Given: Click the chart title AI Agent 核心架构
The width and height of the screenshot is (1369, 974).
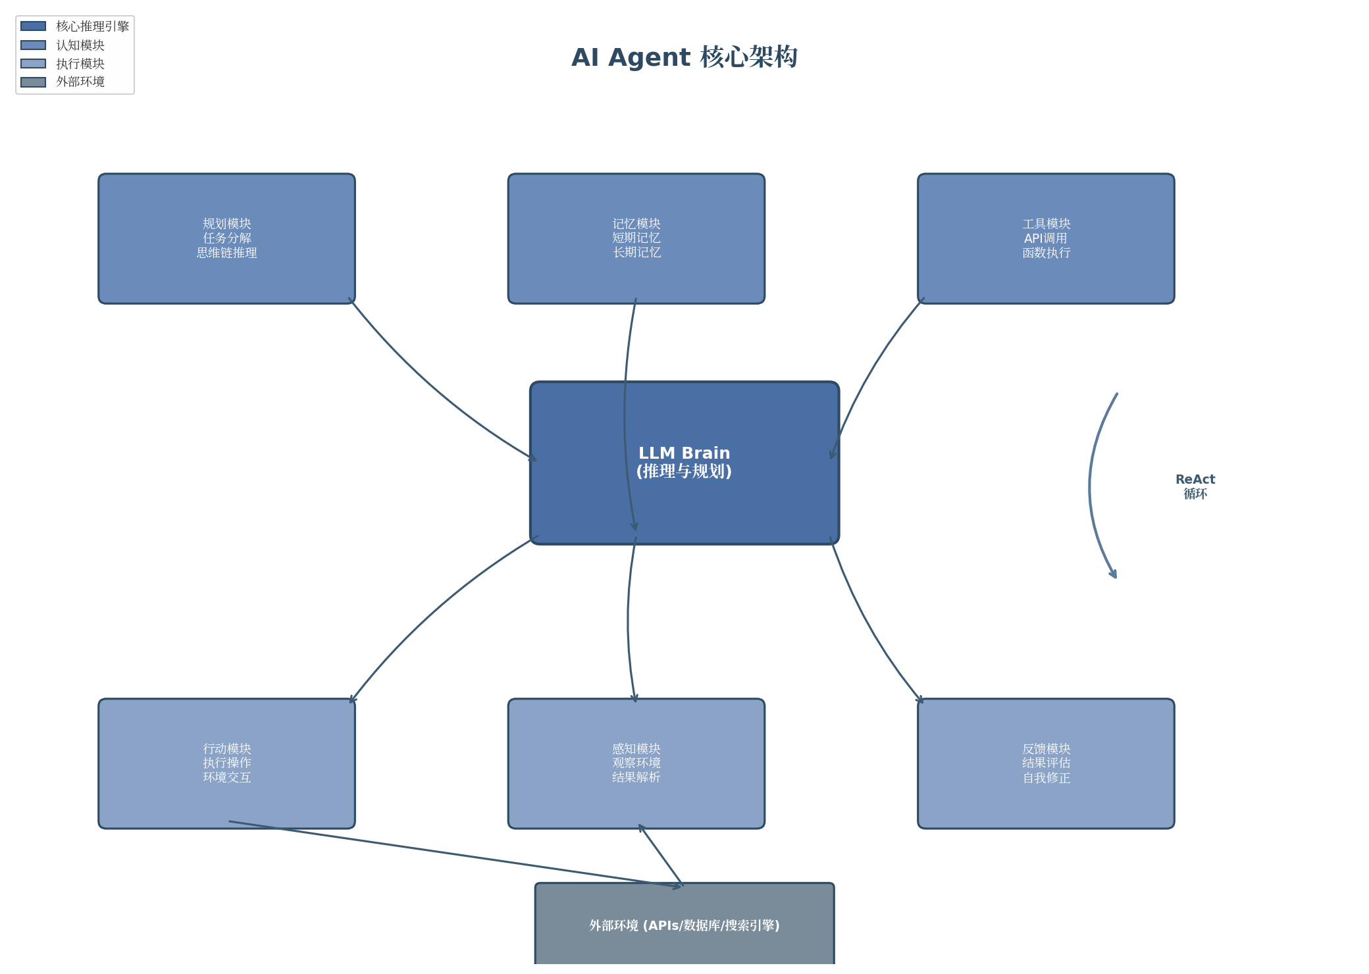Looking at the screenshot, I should coord(684,57).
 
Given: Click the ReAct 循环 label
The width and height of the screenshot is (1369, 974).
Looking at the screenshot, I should coord(1195,486).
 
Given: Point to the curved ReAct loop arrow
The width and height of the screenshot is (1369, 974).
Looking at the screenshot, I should coord(1090,487).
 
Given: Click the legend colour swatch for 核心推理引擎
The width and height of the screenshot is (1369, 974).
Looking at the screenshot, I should coord(34,26).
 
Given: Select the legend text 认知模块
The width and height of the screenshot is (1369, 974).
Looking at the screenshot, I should coord(80,45).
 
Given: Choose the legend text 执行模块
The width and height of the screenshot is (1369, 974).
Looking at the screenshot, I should coord(80,63).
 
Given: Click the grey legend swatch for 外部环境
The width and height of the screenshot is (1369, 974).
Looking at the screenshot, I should coord(34,82).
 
